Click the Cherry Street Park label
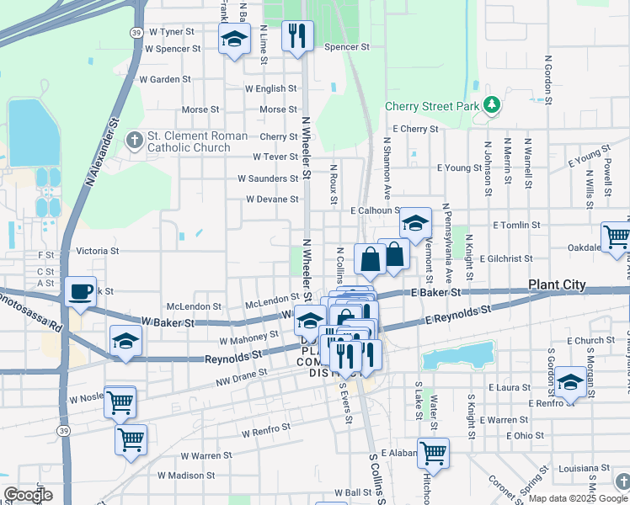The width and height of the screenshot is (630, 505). coord(431,106)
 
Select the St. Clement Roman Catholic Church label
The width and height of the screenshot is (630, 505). coord(197,141)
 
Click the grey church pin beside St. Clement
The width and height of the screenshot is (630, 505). coord(134,141)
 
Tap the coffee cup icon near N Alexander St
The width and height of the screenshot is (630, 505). coord(81,291)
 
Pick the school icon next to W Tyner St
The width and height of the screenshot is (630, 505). coord(234,38)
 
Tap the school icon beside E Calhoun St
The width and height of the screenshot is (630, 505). coord(414,223)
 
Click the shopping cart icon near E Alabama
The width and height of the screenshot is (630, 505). coord(433,453)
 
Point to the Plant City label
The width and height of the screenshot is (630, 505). coord(557,285)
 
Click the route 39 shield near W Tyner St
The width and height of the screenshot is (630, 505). coord(136,31)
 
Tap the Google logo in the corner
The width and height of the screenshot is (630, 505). coord(28,495)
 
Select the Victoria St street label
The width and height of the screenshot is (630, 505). coord(97,251)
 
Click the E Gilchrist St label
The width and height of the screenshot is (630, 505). coord(506,259)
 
